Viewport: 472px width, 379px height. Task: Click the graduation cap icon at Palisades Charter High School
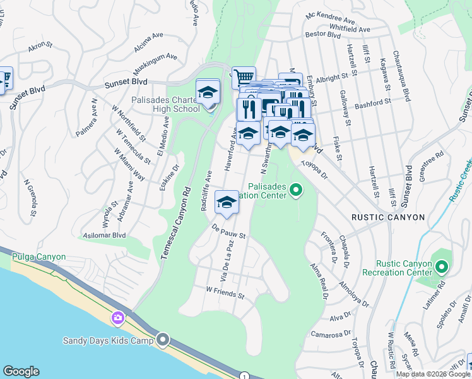coord(208,92)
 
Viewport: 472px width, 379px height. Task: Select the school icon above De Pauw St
coord(227,202)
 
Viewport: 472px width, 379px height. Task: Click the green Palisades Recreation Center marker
coord(295,189)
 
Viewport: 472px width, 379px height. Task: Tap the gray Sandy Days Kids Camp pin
coord(163,340)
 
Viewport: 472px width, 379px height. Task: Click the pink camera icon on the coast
coord(117,318)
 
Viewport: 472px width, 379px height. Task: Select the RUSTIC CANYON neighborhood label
coord(387,217)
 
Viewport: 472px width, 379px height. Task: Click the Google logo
coord(21,371)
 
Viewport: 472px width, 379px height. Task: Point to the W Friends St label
coord(225,292)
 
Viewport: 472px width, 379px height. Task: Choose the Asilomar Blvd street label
coord(104,235)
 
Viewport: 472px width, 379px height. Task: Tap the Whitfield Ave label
coord(350,28)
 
